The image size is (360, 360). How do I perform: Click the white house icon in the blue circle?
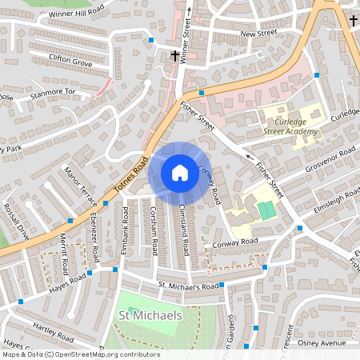[x=180, y=172]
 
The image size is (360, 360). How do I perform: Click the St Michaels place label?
[x=150, y=315]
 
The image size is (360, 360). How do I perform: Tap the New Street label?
[x=258, y=34]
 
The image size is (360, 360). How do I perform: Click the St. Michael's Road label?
[x=188, y=286]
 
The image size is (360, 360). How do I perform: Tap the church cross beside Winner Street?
[x=175, y=55]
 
